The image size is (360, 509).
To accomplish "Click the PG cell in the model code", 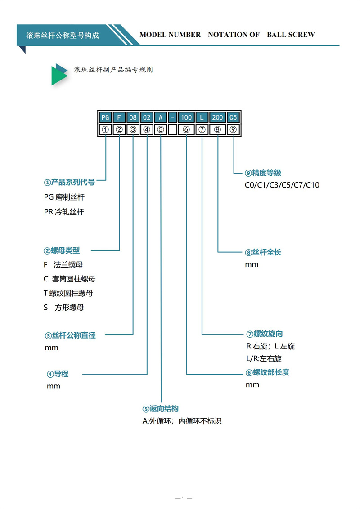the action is [x=105, y=117].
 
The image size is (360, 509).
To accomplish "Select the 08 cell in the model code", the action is [x=133, y=117].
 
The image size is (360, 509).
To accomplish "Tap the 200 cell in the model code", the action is [x=217, y=117].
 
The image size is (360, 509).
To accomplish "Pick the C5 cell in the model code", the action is [x=233, y=117].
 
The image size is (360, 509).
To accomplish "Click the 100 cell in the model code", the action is [x=186, y=117].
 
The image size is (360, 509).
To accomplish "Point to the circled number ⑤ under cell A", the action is [x=161, y=129].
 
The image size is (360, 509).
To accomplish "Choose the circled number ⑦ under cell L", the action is [x=202, y=129].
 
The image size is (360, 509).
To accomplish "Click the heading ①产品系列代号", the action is [x=69, y=182].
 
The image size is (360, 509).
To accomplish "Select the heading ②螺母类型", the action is [x=61, y=250].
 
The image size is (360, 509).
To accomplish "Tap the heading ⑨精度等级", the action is [x=263, y=173].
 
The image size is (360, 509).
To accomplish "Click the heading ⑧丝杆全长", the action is [x=263, y=252].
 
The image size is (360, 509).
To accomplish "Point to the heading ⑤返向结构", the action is [x=161, y=409].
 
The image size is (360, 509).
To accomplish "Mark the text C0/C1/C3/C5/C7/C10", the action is [x=282, y=185].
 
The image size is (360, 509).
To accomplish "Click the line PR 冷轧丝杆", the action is [x=64, y=212].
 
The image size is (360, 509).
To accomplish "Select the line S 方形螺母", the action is [x=64, y=307].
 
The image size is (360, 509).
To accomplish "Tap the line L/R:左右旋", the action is [x=264, y=358].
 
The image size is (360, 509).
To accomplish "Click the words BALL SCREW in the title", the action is [x=291, y=35].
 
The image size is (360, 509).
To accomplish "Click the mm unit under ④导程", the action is [x=53, y=386].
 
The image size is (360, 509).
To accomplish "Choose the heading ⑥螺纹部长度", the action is [x=267, y=372].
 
